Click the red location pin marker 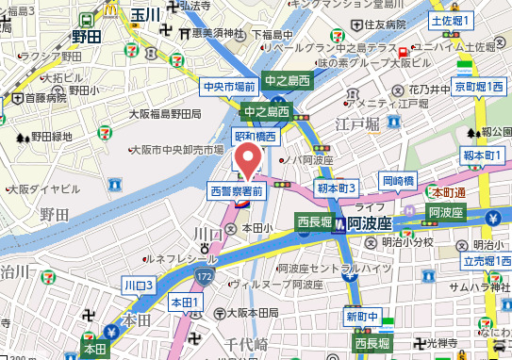tap(249, 157)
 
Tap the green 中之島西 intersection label tap(288, 81)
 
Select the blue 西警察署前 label tap(237, 190)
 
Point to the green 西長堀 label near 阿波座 tap(315, 222)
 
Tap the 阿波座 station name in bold tap(372, 223)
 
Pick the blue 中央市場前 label tap(229, 87)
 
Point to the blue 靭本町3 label tap(336, 188)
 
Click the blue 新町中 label tap(361, 315)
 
